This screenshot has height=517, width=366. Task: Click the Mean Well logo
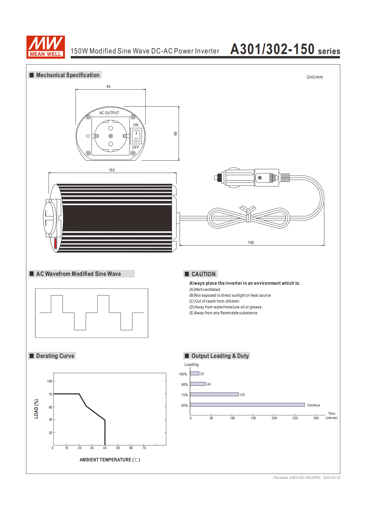pos(46,47)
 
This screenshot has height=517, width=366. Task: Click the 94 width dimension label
pos(108,87)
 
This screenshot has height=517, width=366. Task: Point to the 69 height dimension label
pos(176,134)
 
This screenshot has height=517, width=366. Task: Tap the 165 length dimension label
pos(112,170)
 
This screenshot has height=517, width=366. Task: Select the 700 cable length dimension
pos(251,242)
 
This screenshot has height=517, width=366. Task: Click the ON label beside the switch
pos(136,125)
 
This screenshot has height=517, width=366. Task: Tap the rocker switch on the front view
pos(136,136)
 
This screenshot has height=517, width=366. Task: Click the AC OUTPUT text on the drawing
pos(109,113)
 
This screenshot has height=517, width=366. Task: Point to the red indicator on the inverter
pos(56,243)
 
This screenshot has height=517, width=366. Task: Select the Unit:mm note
pos(315,77)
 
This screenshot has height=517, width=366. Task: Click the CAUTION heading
pos(203,274)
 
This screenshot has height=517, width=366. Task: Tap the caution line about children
pos(214,301)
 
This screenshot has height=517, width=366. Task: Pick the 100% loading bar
pos(194,374)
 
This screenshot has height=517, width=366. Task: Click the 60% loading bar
pos(247,405)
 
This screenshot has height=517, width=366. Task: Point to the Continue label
pos(313,405)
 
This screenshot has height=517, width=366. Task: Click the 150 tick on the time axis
pos(253,418)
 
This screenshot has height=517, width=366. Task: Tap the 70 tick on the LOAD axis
pos(50,394)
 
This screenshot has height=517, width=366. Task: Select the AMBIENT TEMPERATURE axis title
pos(110,460)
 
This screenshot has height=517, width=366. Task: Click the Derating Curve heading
pos(55,356)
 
